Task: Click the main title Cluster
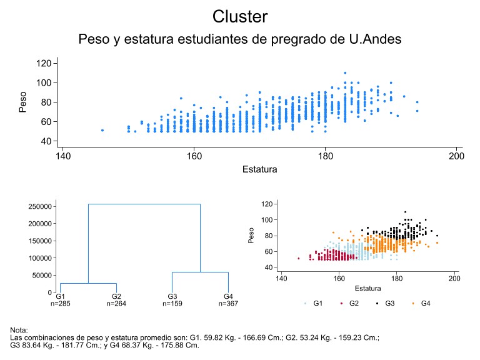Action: pos(240,16)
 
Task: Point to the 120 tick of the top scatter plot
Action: pos(44,63)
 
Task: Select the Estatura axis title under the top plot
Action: pos(259,169)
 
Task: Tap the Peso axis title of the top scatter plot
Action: pos(22,102)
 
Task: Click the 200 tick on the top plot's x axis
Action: pos(456,156)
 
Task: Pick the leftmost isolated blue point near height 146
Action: pos(102,131)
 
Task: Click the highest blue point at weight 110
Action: pos(345,73)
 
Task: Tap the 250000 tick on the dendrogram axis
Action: pos(40,207)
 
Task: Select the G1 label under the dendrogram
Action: pos(60,296)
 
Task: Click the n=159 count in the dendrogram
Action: pos(172,304)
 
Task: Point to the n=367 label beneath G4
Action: pos(228,304)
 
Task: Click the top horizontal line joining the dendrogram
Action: pos(144,204)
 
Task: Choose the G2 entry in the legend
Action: pos(350,303)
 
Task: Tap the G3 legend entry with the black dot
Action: pos(386,303)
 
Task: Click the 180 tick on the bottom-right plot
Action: pos(397,279)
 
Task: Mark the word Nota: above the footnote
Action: pos(19,330)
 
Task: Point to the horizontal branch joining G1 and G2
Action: pos(89,284)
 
